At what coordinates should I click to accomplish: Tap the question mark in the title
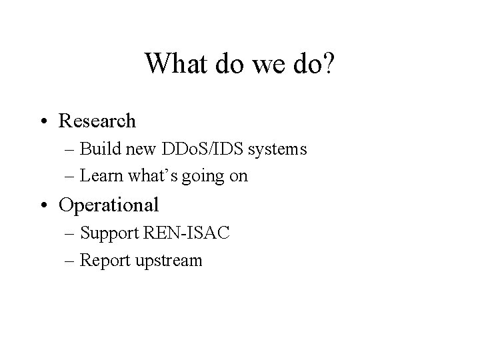tap(329, 64)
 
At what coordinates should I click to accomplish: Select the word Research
tap(97, 121)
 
